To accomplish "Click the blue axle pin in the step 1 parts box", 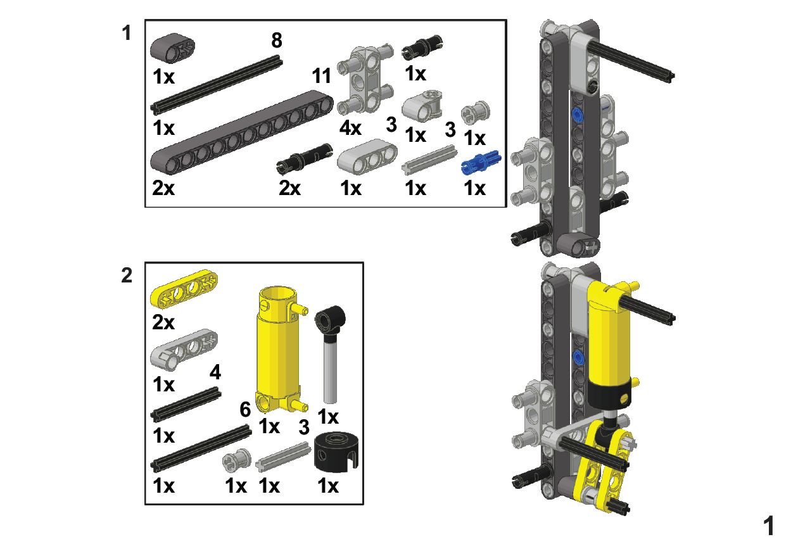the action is (x=481, y=163).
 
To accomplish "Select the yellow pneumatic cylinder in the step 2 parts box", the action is (x=281, y=349).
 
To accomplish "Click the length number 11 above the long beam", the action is (x=321, y=76).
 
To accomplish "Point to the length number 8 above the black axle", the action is (x=277, y=41).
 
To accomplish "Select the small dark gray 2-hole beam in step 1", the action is (x=172, y=48).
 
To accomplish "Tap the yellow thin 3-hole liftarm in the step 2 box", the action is (x=184, y=288).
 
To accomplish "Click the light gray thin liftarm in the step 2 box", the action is (x=184, y=350).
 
